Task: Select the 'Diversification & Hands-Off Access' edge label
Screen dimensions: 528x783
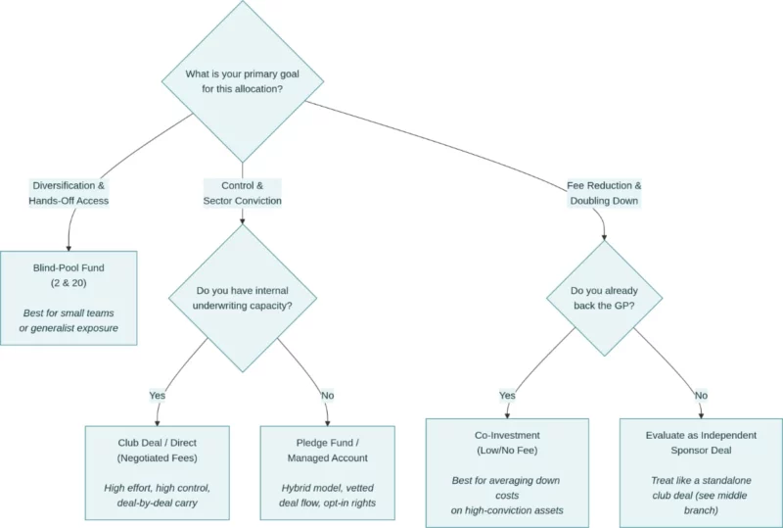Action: (x=69, y=193)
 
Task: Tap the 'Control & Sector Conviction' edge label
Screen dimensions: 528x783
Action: (x=242, y=193)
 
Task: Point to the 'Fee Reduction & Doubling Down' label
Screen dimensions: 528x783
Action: (x=604, y=193)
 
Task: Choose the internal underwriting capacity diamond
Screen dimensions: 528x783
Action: (x=242, y=299)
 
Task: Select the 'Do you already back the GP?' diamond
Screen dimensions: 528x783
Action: (x=604, y=299)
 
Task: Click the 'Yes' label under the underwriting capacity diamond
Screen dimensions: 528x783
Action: (x=157, y=396)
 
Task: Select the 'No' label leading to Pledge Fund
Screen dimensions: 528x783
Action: (x=327, y=396)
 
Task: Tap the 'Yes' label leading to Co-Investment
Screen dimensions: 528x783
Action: (x=507, y=396)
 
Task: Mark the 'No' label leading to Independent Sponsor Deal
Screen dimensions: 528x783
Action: (x=701, y=396)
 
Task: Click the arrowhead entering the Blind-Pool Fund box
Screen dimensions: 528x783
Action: (x=69, y=247)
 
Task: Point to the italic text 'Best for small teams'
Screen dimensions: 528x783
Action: (x=69, y=312)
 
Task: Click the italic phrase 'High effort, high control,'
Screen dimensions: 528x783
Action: (x=157, y=487)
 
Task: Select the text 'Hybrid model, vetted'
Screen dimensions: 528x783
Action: (x=327, y=487)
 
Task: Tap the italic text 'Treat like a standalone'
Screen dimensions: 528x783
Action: (x=702, y=480)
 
